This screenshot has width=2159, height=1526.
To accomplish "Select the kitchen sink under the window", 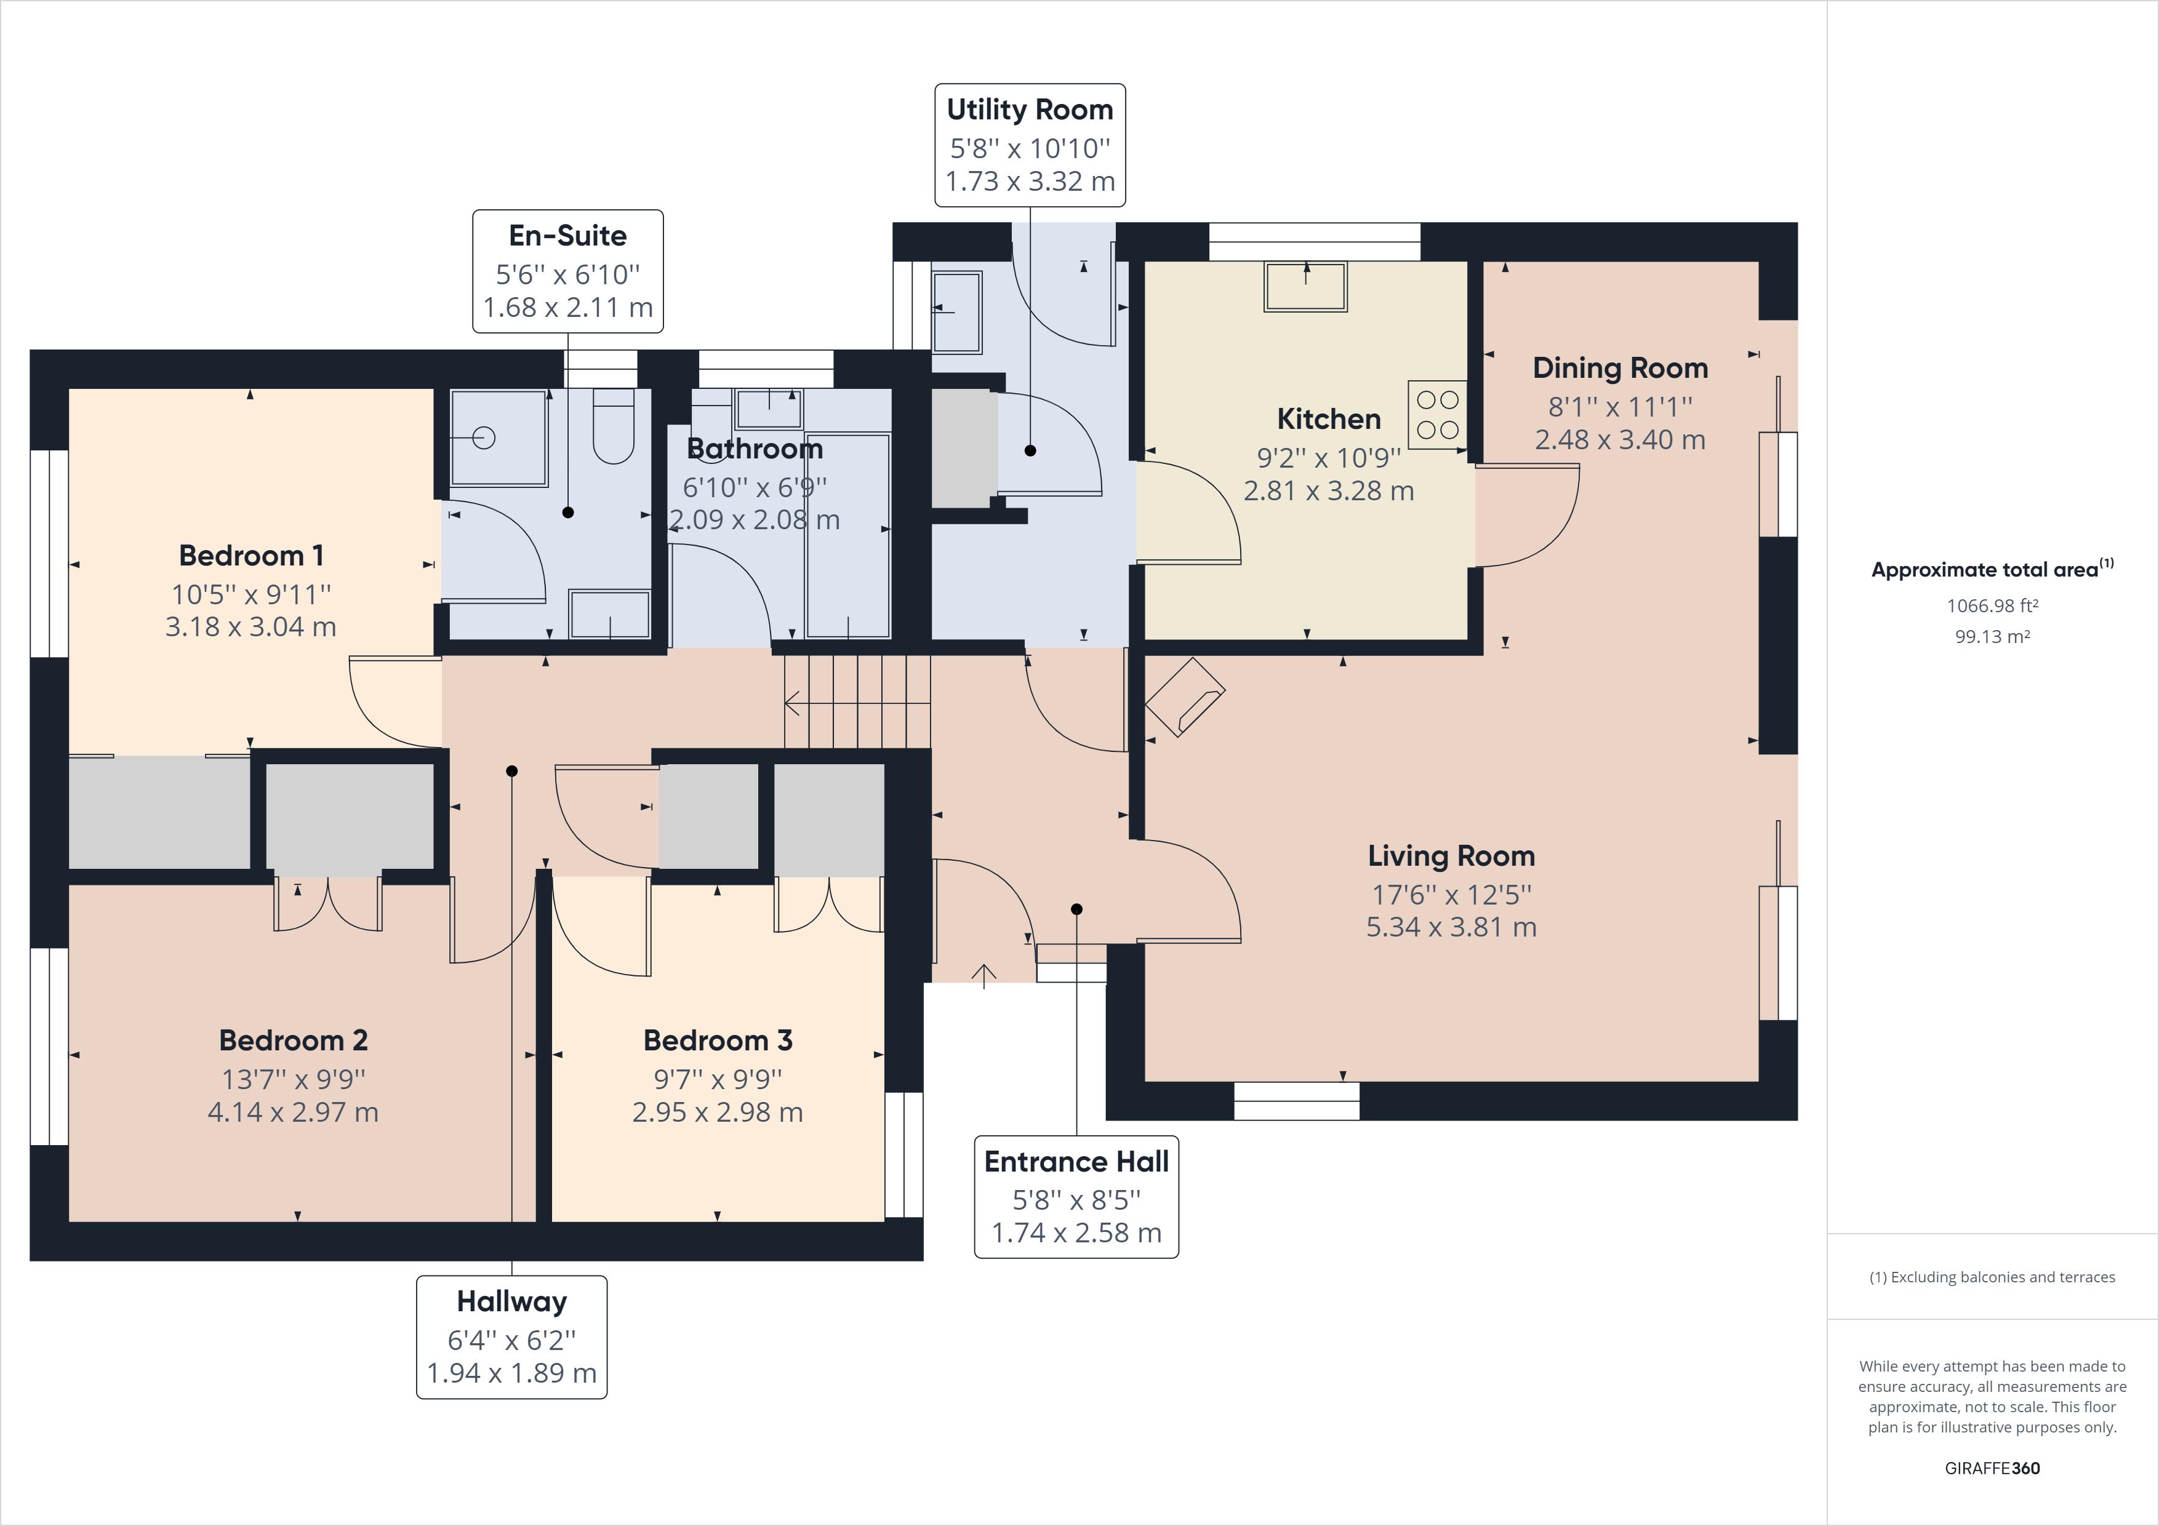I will [x=1306, y=287].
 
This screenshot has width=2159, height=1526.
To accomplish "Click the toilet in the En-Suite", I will [x=614, y=428].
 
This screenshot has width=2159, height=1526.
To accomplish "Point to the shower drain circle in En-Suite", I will [x=484, y=437].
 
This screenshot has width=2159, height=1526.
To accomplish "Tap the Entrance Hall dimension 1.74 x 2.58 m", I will [x=1076, y=1232].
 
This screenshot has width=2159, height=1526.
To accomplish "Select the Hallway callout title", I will [x=511, y=1301].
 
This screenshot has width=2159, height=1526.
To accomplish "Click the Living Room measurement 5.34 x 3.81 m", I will [x=1451, y=927].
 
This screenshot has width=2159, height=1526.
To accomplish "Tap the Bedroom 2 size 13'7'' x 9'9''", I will [x=294, y=1079].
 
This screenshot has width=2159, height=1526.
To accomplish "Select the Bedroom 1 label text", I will [x=251, y=556].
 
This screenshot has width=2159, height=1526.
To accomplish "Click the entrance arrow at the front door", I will [x=983, y=976].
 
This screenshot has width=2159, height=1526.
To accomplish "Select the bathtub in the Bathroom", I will [x=848, y=536].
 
